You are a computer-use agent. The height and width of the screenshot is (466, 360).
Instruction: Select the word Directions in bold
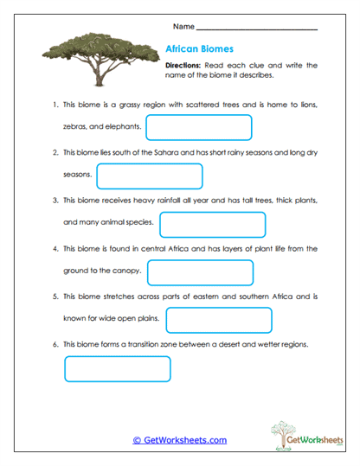click(183, 65)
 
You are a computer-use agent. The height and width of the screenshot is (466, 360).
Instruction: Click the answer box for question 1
click(199, 128)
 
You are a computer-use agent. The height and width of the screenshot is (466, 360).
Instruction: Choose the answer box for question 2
click(150, 176)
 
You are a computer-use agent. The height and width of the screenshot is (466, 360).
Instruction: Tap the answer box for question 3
click(212, 224)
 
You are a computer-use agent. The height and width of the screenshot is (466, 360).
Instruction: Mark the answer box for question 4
click(200, 272)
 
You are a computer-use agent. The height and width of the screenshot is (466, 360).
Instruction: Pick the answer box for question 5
click(218, 320)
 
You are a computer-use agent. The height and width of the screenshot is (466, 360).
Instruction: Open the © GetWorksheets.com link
click(180, 440)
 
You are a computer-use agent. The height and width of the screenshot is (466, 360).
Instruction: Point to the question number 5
click(55, 297)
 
